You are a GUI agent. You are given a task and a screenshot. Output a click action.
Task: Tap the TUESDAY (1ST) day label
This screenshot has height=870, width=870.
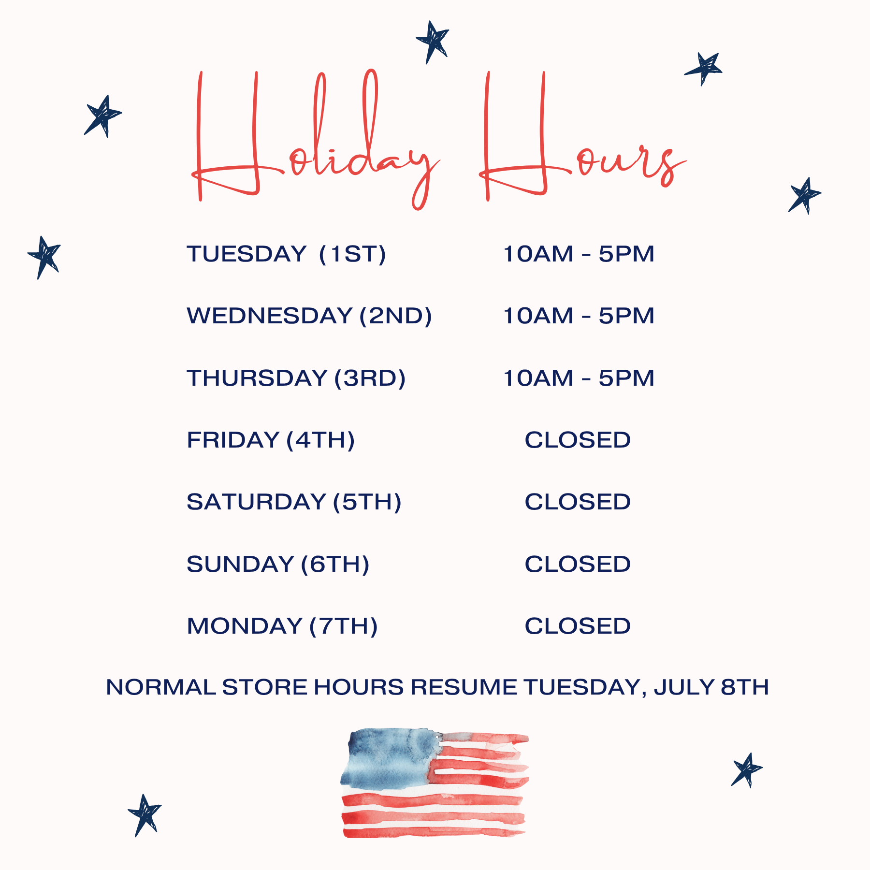click(x=287, y=254)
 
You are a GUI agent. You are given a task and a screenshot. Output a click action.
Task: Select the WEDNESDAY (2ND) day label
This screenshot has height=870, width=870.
click(x=309, y=316)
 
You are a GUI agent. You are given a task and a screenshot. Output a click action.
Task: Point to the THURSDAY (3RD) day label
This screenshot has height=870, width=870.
click(x=296, y=378)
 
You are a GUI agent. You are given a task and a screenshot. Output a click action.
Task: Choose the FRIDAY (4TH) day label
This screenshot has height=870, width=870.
click(x=271, y=440)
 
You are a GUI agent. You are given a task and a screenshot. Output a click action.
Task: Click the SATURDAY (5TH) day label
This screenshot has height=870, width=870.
click(x=294, y=502)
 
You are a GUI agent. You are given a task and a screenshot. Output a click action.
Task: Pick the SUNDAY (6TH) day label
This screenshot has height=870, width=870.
click(x=278, y=565)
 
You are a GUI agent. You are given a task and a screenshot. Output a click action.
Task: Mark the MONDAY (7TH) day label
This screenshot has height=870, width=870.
click(x=282, y=626)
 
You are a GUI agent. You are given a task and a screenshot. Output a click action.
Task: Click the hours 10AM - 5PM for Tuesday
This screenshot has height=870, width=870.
click(x=579, y=254)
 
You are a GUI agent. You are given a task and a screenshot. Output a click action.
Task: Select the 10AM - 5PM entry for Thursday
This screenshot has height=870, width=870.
click(x=579, y=378)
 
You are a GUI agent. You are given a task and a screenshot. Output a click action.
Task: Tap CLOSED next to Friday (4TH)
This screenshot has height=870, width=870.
click(x=578, y=440)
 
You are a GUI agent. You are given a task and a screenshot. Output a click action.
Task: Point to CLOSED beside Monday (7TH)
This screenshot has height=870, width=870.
click(x=578, y=626)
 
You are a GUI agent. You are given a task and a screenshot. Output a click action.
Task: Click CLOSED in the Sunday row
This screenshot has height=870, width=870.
click(x=578, y=564)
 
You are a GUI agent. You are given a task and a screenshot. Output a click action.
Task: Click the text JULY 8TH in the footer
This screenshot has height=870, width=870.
click(x=711, y=687)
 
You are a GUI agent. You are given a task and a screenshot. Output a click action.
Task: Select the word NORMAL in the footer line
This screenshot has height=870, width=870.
click(x=161, y=687)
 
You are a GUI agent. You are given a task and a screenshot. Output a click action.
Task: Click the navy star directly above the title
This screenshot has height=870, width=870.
click(x=433, y=42)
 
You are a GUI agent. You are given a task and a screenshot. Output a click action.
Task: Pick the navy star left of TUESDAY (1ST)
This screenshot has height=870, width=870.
click(x=44, y=257)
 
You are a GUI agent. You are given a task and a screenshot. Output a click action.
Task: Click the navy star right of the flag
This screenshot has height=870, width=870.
click(x=747, y=770)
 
